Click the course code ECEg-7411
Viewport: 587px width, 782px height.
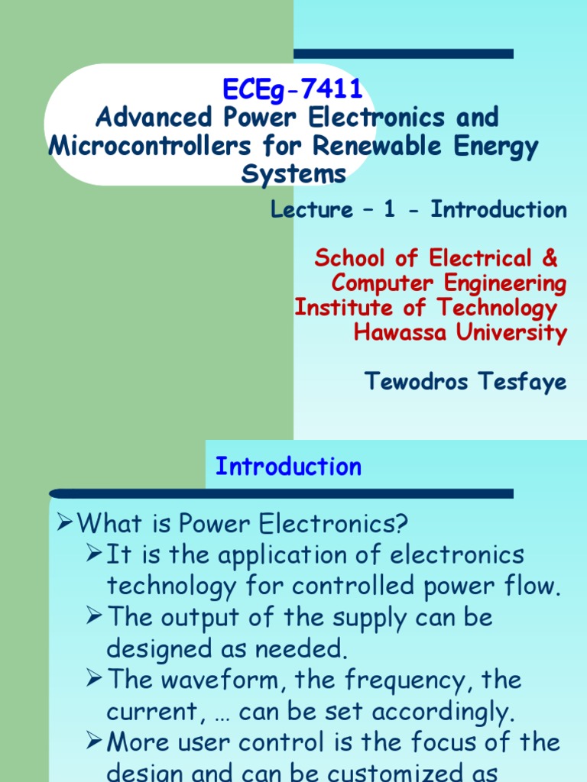(x=293, y=90)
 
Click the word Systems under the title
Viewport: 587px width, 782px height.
(x=293, y=174)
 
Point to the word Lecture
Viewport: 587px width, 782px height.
(x=312, y=210)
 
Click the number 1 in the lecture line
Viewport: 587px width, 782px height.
(x=390, y=210)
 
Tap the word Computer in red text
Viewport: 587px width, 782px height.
(x=387, y=283)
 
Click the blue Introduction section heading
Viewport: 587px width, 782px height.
(x=288, y=467)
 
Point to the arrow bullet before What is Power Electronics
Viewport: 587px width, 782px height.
(x=66, y=523)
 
